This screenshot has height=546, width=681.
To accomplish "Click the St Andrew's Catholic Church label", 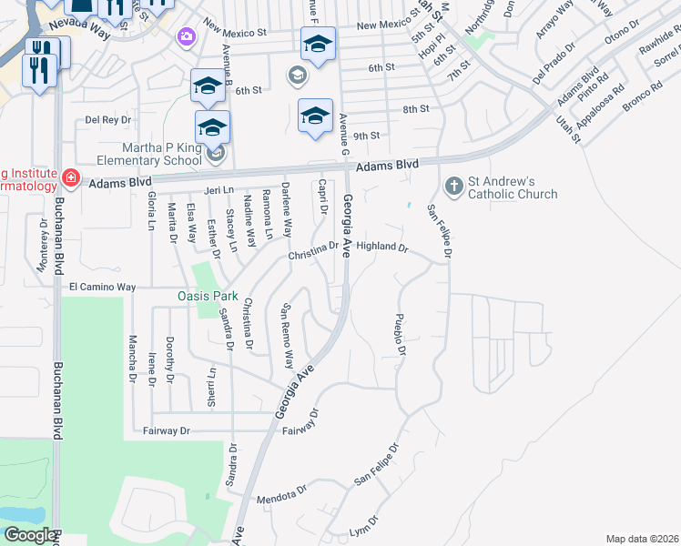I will pyautogui.click(x=513, y=187).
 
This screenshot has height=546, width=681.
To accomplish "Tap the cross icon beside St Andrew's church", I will pyautogui.click(x=452, y=187).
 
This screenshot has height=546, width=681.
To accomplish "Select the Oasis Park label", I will pyautogui.click(x=207, y=296).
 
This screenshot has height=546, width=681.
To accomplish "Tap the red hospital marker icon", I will pyautogui.click(x=71, y=177).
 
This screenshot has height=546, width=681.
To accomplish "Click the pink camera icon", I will pyautogui.click(x=187, y=36).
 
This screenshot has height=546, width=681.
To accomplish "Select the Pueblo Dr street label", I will pyautogui.click(x=399, y=335).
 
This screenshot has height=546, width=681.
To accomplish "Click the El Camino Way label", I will pyautogui.click(x=102, y=287).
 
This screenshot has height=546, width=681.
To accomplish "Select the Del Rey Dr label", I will pyautogui.click(x=108, y=119).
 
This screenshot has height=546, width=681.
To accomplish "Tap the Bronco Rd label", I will pyautogui.click(x=643, y=96).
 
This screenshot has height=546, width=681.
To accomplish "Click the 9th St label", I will pyautogui.click(x=366, y=136).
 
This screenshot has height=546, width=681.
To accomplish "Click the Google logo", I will pyautogui.click(x=29, y=534).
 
